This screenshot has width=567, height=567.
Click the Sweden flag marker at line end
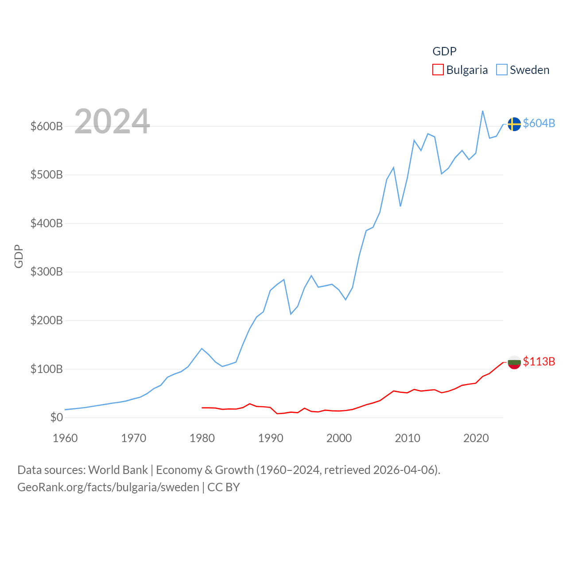514,124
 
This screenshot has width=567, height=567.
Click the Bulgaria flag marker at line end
514,362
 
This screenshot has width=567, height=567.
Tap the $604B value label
539,123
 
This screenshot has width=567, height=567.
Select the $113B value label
539,361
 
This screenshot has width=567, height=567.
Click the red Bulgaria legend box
438,70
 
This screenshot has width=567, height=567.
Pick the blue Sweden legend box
501,70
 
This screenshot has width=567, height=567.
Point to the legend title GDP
444,51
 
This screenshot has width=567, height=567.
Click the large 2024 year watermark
112,121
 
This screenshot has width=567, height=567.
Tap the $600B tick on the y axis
47,126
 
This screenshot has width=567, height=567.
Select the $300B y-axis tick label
47,272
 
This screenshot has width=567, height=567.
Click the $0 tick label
56,417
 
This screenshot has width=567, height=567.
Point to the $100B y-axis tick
47,369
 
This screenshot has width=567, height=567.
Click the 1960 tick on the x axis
65,438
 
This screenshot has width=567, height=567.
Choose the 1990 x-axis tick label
271,438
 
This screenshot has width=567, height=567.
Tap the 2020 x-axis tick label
476,438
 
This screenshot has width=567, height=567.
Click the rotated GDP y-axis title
19,256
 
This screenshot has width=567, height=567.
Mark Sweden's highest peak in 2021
482,111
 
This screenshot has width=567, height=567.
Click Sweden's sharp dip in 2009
400,206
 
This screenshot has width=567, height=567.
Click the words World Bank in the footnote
118,470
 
